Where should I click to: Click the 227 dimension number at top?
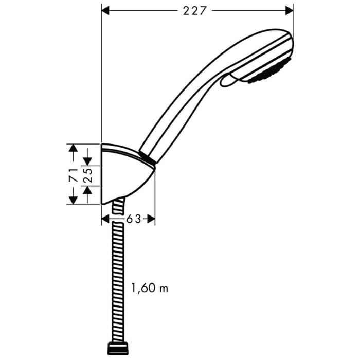(x=197, y=10)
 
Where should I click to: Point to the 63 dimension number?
(x=133, y=219)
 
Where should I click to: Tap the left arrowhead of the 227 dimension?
(x=106, y=10)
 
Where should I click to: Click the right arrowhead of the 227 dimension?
(x=289, y=10)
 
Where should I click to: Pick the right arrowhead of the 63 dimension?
(x=151, y=219)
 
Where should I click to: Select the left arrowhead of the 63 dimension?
(x=105, y=219)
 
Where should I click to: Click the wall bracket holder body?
(x=126, y=175)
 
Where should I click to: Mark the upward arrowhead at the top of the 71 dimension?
(x=74, y=149)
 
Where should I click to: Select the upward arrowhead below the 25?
(x=88, y=191)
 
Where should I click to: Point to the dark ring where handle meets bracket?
(x=147, y=157)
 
